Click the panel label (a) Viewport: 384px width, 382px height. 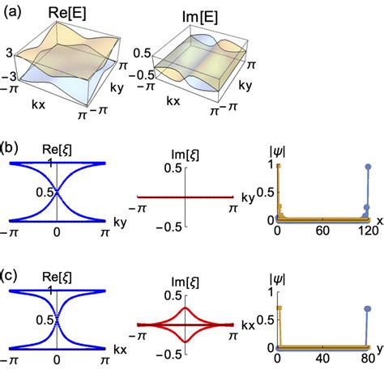click(13, 11)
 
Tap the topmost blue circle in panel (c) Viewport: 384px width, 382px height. click(370, 308)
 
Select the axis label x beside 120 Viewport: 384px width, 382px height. click(379, 219)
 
